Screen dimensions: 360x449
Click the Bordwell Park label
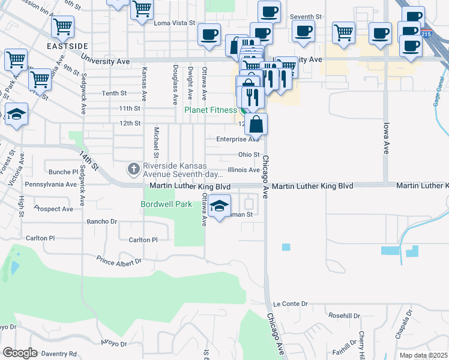(x=166, y=204)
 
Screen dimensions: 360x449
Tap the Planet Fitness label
(x=210, y=110)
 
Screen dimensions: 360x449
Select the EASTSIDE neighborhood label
(x=68, y=46)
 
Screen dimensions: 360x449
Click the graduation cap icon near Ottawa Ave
(x=220, y=207)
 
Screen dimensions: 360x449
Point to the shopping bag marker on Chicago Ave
(x=256, y=125)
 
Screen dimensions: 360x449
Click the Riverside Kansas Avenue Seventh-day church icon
(x=133, y=170)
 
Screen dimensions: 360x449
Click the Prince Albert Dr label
(x=119, y=260)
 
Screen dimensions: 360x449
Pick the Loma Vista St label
(x=175, y=23)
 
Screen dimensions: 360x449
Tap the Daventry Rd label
(x=55, y=354)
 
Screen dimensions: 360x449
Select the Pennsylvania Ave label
(x=52, y=184)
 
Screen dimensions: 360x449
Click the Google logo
(x=19, y=353)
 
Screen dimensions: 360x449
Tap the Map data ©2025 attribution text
(x=423, y=355)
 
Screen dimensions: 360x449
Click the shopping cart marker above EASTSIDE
(x=62, y=26)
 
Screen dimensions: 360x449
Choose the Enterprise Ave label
(x=237, y=139)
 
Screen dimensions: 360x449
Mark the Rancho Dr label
(x=101, y=221)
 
